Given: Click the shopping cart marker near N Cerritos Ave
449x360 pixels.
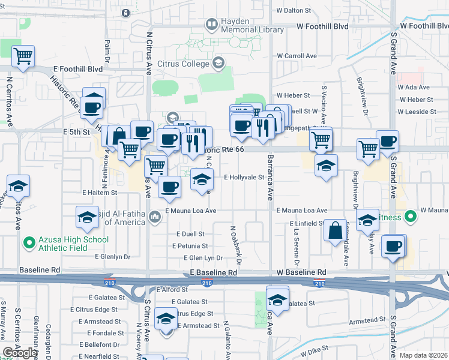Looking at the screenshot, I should pos(23,58).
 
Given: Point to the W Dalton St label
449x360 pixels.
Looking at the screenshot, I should pos(294,10).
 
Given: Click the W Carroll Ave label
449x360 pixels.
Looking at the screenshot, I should pos(296,56).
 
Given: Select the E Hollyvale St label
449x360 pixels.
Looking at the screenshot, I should pos(244,178).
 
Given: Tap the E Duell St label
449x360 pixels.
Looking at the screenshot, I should pos(190,234).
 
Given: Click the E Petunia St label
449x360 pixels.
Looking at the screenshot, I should pos(190,246).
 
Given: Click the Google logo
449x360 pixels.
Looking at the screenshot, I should pos(20,353).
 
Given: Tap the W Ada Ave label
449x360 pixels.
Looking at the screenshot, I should pos(415,87).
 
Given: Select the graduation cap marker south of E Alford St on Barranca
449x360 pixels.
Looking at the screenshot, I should pos(277,298).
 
